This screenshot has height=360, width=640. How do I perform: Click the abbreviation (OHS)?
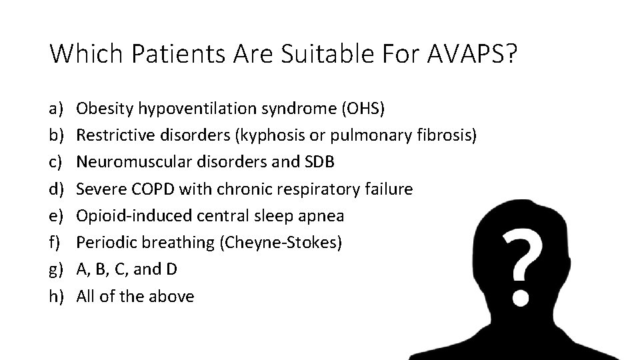(363, 107)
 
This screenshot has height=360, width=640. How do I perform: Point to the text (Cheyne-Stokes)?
(281, 243)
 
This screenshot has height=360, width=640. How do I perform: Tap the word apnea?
(325, 215)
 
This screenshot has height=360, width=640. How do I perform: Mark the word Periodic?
(103, 243)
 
